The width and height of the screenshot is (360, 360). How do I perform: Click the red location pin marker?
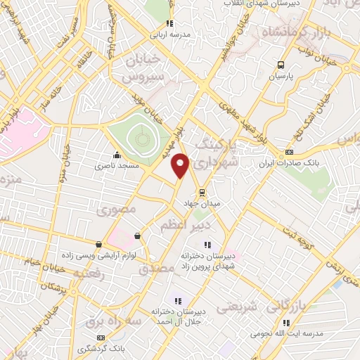[x=181, y=165]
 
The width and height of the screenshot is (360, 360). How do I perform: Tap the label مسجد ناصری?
[x=118, y=165]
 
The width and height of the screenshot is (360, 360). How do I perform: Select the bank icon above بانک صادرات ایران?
[x=289, y=153]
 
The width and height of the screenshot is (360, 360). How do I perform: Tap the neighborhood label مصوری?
[x=113, y=209]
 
